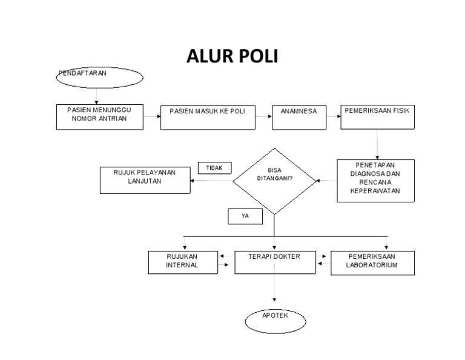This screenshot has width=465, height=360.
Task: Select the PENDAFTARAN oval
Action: coord(100,78)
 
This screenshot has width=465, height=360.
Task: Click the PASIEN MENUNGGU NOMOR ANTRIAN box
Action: coord(100,117)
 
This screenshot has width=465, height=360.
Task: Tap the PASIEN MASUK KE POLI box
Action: coord(208,117)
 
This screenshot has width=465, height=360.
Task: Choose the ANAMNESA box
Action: coord(298,117)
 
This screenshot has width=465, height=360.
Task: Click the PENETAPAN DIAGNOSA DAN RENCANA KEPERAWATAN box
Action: coord(375,181)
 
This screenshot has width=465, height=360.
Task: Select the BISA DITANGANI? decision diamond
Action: coord(274,181)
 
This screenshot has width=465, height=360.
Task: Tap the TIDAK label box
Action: coord(214,168)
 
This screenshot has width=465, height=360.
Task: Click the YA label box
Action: coord(245,216)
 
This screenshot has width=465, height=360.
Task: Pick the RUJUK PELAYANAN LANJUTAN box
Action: coord(145,181)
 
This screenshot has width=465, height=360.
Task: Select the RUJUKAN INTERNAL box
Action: coord(183,262)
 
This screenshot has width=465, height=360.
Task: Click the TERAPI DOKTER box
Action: coord(274,262)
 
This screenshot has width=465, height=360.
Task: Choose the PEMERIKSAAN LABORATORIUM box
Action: coord(372,262)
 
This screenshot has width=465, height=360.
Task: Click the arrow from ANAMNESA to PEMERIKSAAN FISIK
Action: coord(333,117)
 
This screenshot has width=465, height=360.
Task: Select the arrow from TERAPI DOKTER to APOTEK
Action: coord(274,288)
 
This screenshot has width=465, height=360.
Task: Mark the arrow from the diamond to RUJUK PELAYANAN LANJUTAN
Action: coord(212,181)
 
